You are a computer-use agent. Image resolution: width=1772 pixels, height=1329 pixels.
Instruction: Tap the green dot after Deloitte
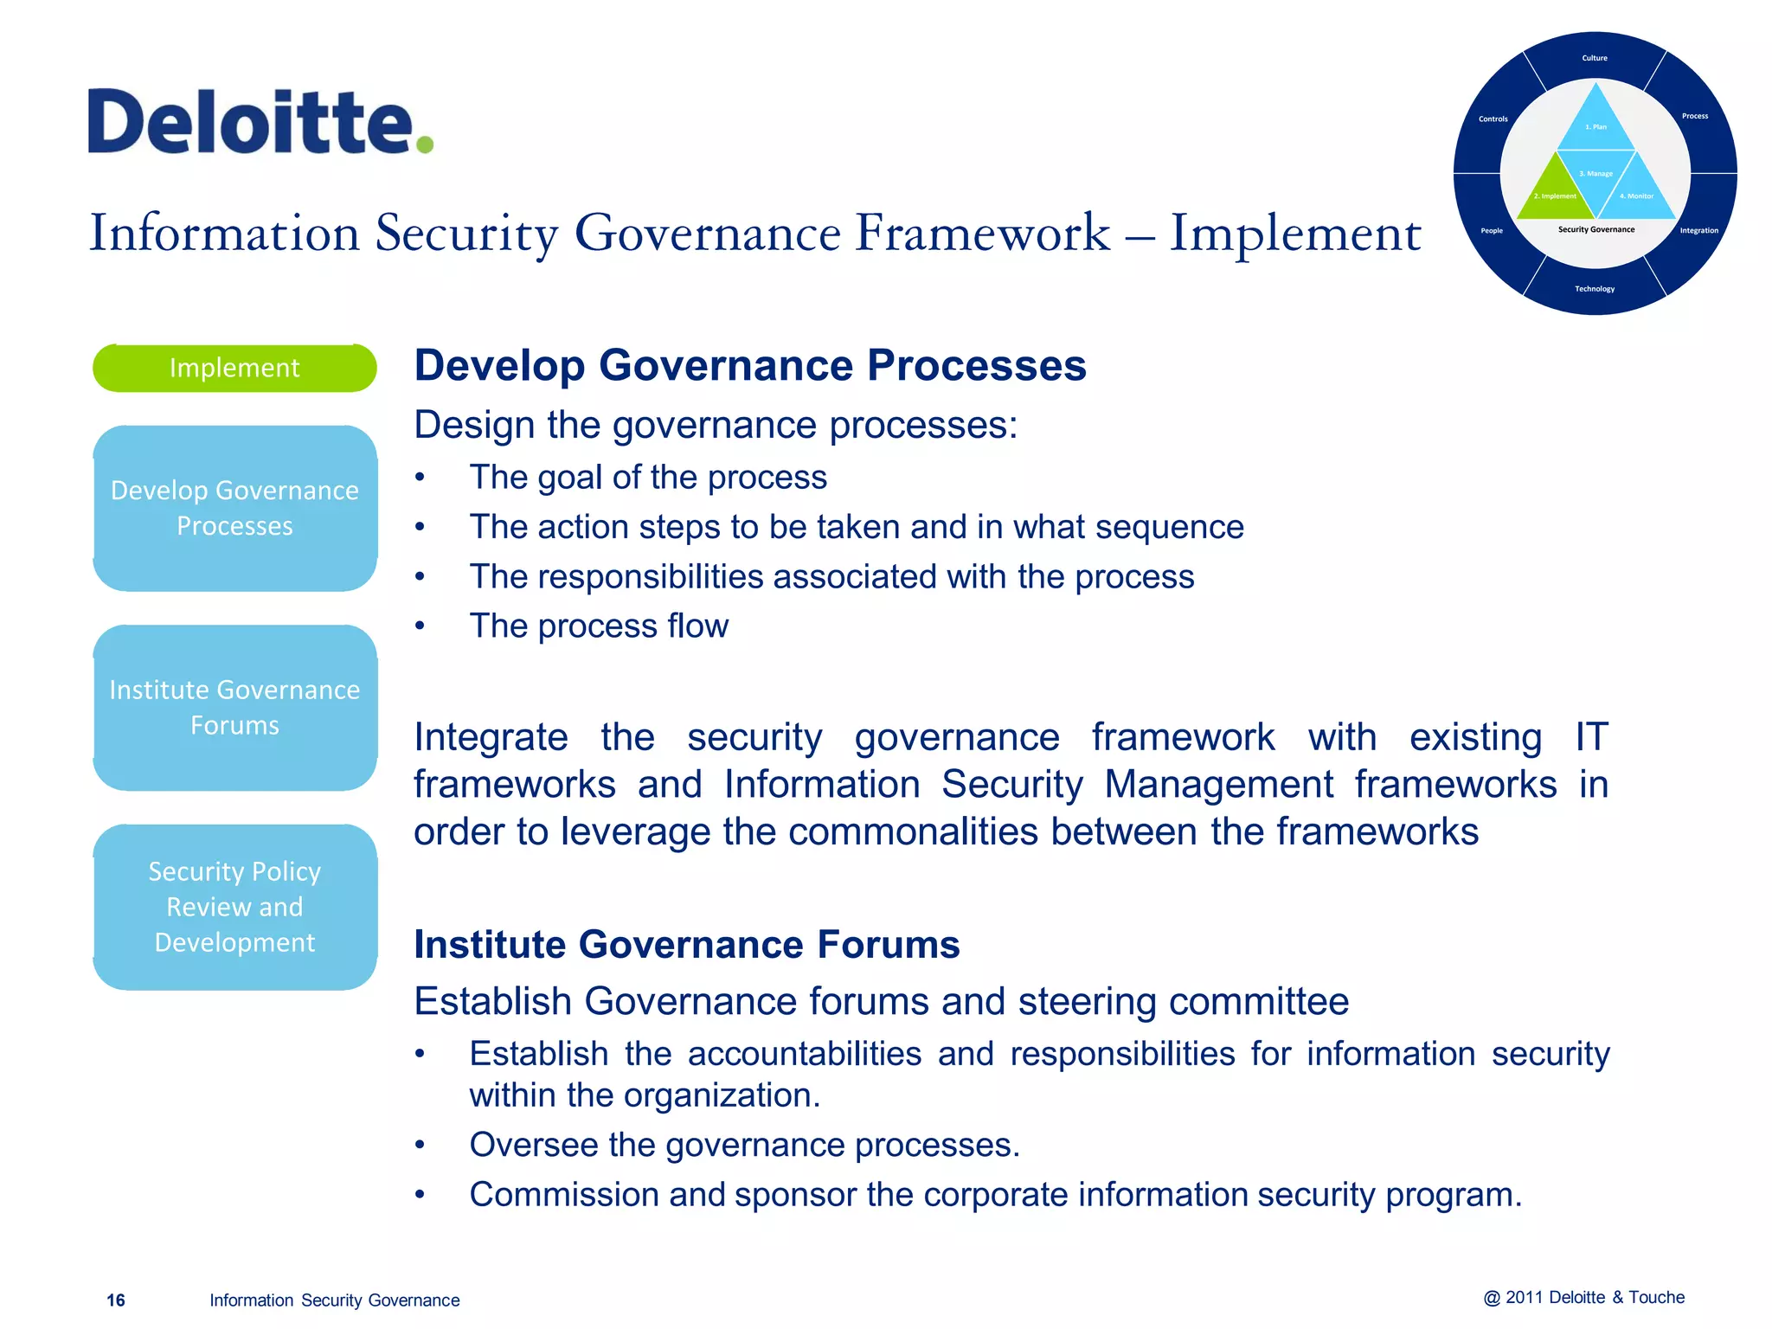click(424, 144)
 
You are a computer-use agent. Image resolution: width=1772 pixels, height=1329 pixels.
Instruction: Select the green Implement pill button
click(234, 368)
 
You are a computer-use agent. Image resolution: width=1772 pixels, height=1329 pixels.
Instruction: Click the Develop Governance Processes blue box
click(234, 508)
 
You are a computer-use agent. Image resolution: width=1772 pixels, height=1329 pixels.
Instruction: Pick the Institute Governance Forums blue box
click(234, 707)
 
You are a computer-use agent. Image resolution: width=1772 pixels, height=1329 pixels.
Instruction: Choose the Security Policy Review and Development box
click(234, 906)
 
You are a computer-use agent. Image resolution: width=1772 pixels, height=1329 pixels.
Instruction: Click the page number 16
click(115, 1300)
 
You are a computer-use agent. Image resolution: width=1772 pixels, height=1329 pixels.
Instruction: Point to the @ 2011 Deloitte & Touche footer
click(1583, 1297)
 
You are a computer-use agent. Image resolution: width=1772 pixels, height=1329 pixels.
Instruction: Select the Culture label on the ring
click(1595, 58)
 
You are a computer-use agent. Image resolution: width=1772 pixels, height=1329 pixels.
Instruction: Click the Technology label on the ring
click(1595, 289)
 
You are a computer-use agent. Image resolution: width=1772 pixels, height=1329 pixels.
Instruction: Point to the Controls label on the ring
click(1493, 119)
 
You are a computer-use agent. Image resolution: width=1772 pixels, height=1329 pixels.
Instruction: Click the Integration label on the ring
click(1698, 230)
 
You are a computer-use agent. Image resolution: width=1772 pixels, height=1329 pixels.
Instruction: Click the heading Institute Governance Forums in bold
click(686, 944)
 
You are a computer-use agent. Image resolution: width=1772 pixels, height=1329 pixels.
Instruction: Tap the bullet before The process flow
click(420, 626)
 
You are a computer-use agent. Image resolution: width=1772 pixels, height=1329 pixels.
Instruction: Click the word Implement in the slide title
click(1294, 234)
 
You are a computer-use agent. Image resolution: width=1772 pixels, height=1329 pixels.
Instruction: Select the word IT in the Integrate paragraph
click(1591, 737)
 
